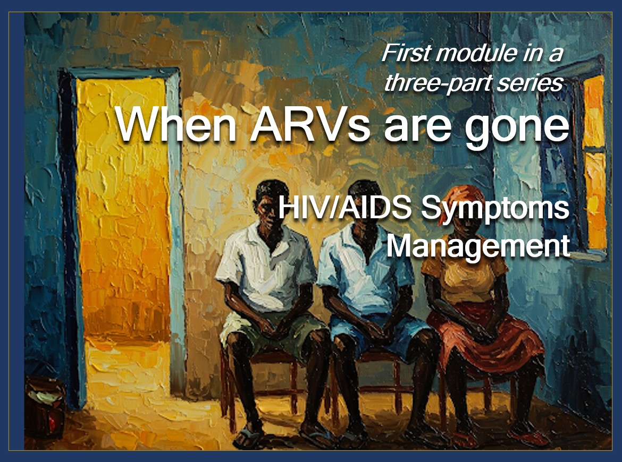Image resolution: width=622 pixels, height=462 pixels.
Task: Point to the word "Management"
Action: pos(478,246)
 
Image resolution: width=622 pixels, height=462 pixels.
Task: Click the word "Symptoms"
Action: pos(495,209)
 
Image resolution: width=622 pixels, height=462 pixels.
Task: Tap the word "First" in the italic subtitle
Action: pos(406,53)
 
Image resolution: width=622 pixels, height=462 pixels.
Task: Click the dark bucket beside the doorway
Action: pos(45,407)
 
